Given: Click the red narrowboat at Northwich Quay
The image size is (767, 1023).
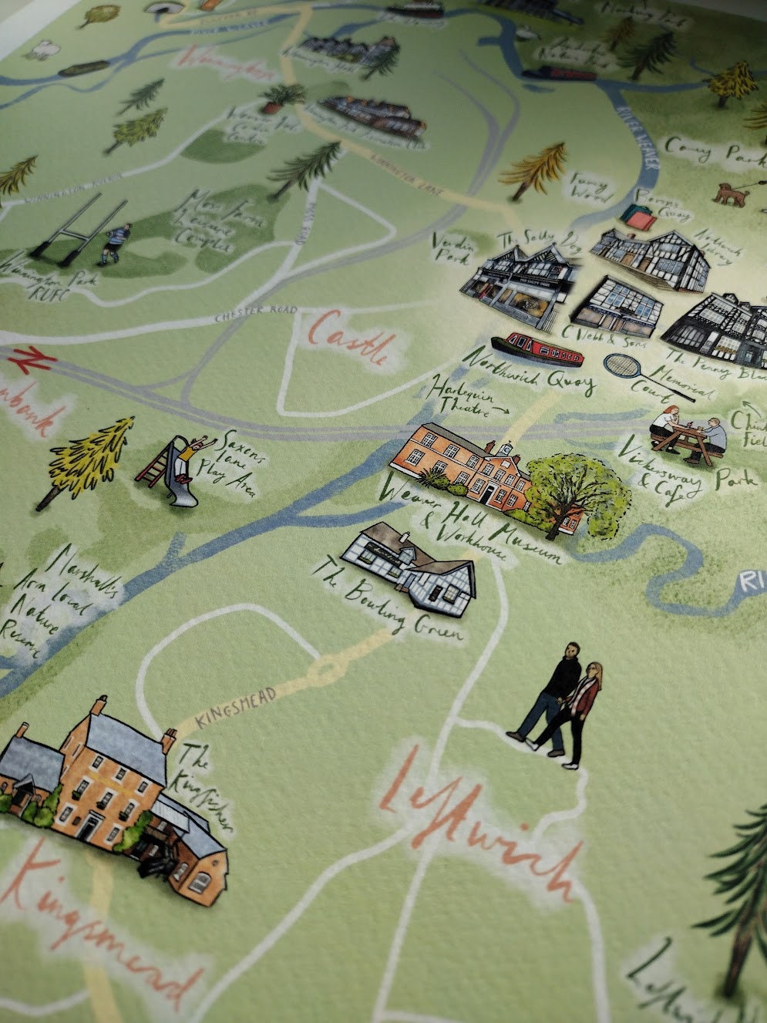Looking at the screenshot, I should pos(537,350).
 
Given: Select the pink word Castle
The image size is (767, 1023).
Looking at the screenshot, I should pos(355,339).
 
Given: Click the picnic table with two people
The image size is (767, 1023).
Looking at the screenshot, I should pos(687,436).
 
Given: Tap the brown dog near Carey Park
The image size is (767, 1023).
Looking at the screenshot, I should pos(730,193).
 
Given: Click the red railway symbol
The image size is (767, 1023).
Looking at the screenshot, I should pos(26,358).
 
